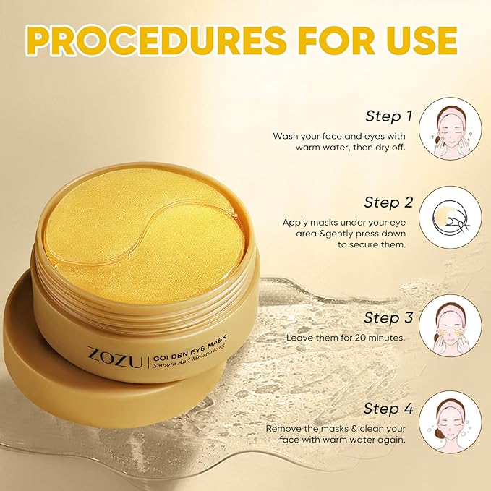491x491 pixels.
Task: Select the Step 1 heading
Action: pos(388,116)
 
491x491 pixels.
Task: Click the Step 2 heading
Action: pos(388,202)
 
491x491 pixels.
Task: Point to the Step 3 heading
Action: pos(388,317)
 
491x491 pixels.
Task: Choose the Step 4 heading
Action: pos(388,409)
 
